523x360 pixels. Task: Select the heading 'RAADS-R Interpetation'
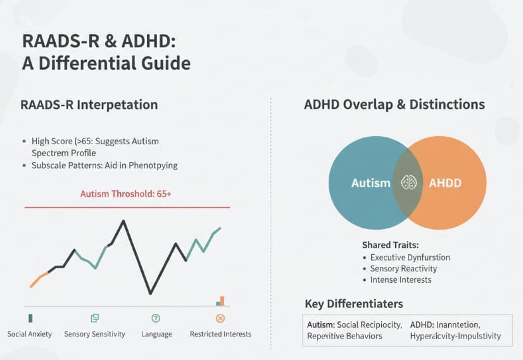(x=89, y=104)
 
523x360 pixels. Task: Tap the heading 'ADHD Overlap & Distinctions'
(x=394, y=104)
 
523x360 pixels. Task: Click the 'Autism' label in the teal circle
(x=371, y=183)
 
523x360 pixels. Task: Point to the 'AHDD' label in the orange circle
(x=445, y=183)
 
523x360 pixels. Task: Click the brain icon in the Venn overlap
(x=408, y=183)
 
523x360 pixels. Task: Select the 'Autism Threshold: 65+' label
(x=126, y=194)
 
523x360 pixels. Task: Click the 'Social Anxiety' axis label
(x=30, y=333)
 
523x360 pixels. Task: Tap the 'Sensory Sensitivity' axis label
(x=94, y=333)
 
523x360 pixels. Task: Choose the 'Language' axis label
(x=156, y=333)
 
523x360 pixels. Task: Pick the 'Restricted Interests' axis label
(x=220, y=333)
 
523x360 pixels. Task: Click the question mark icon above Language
(x=156, y=318)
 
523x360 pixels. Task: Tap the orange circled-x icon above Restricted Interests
(x=220, y=318)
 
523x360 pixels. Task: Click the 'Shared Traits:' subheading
(x=390, y=244)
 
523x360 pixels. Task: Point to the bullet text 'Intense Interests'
(x=401, y=280)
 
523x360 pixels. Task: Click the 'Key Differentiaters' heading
(x=354, y=304)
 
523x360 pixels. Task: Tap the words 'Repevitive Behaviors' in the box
(x=344, y=336)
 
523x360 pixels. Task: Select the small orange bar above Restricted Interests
(x=222, y=301)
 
